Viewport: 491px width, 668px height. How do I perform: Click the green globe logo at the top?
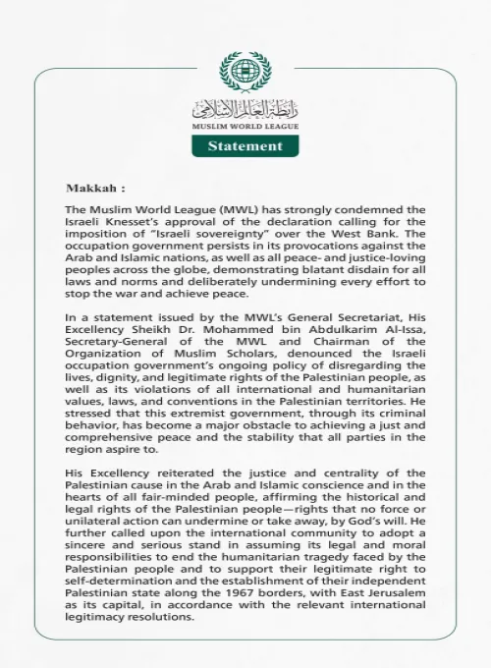[x=245, y=72]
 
